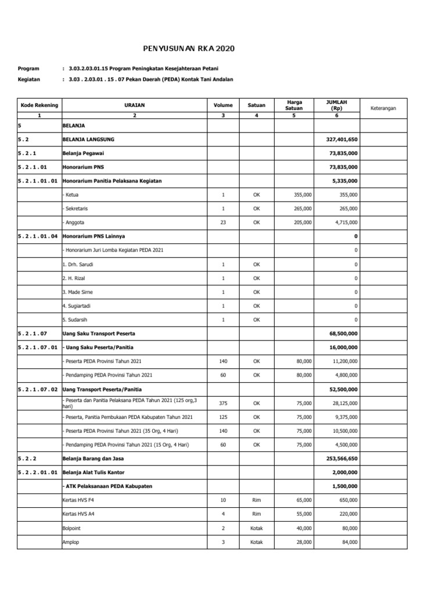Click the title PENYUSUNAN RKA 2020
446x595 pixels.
coord(190,49)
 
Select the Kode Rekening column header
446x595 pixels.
coord(39,105)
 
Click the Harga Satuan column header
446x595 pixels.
coord(293,105)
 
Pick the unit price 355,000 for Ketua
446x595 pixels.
coord(303,195)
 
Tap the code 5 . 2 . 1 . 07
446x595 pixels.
coord(33,334)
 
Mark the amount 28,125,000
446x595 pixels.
coord(343,403)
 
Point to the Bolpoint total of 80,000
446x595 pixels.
coord(349,528)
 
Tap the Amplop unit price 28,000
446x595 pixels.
coord(303,542)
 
